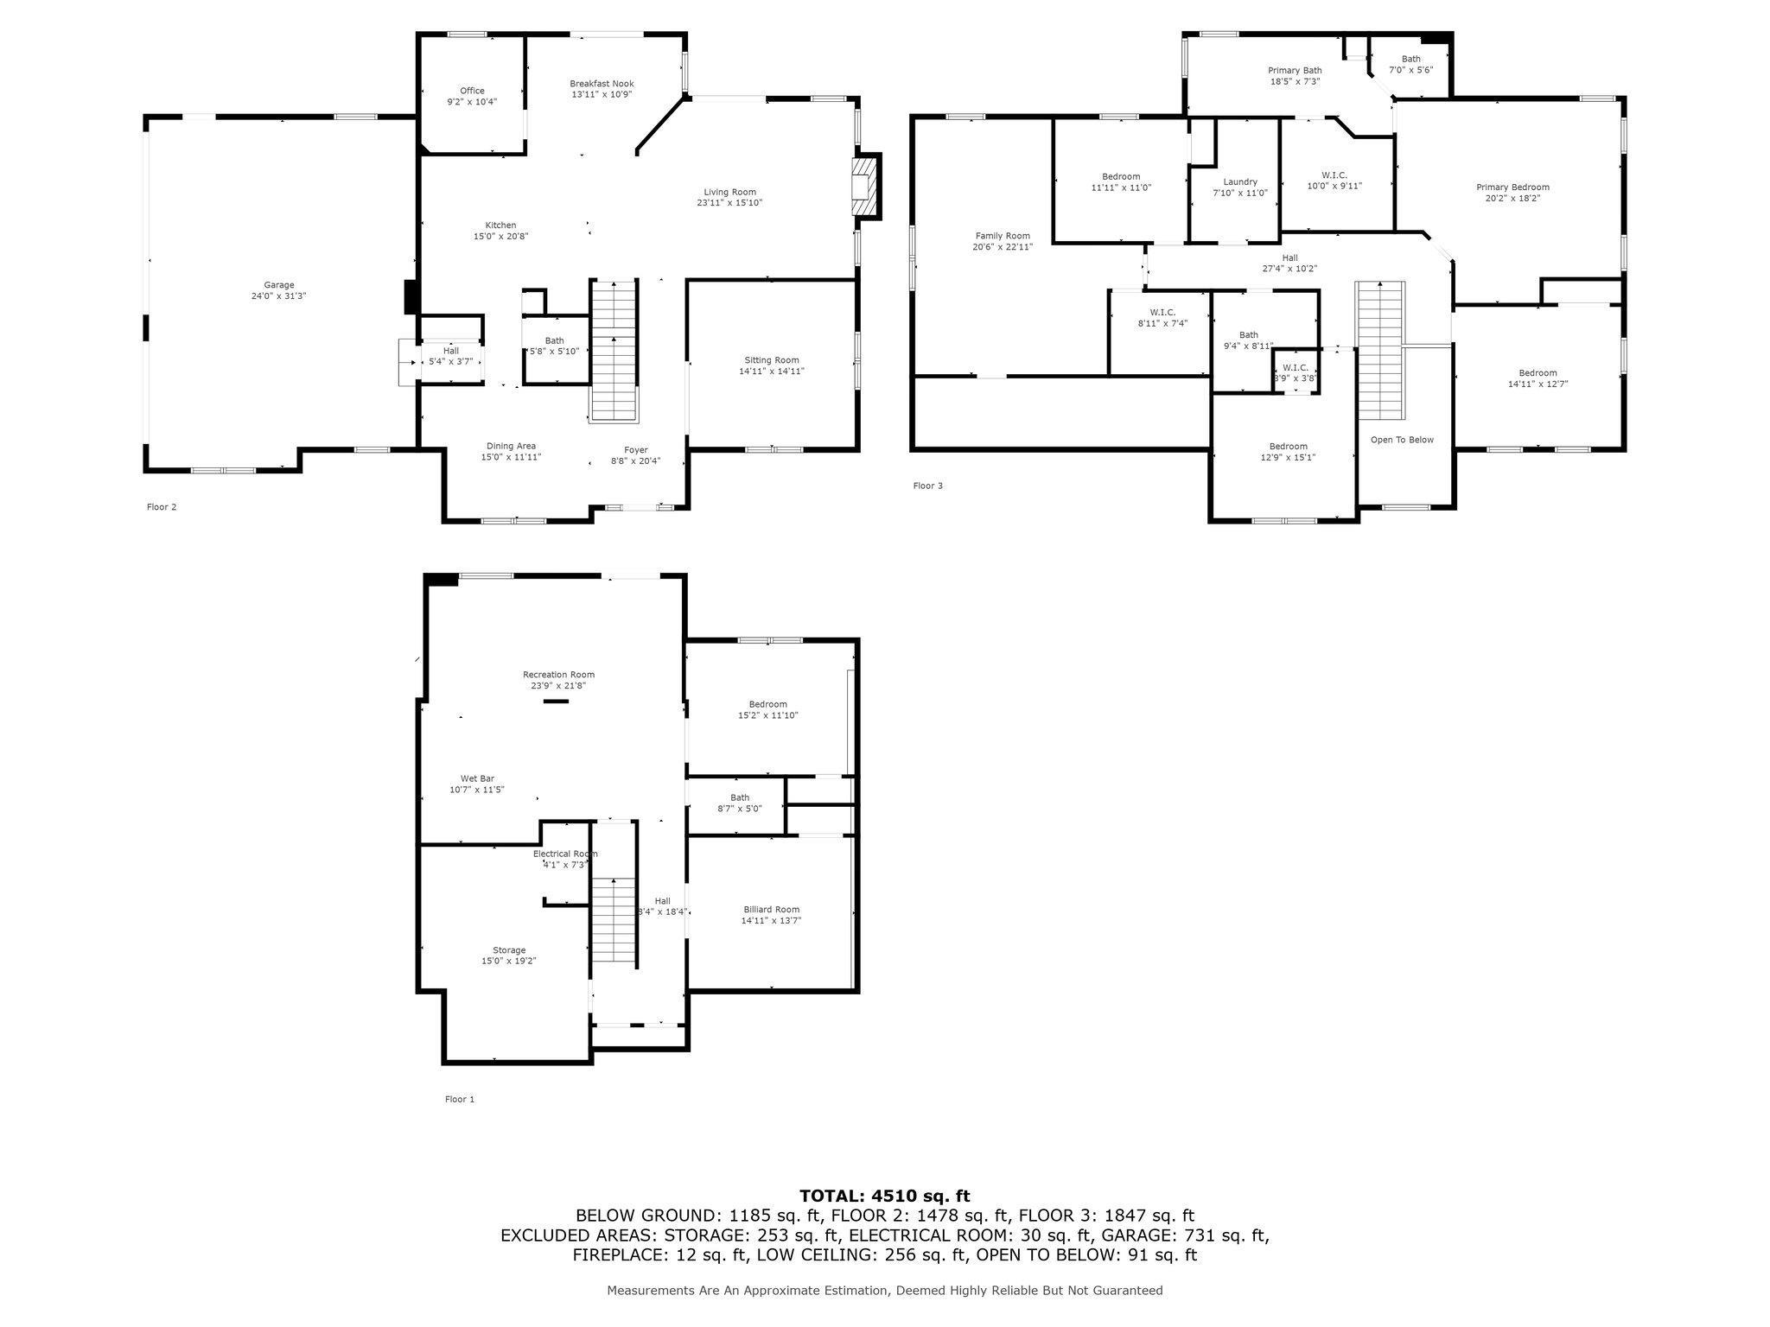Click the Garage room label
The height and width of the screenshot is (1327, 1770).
(279, 285)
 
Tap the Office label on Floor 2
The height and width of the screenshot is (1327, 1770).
(472, 91)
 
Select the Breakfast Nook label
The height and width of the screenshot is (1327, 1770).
(602, 84)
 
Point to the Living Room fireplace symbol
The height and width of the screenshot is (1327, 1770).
(865, 187)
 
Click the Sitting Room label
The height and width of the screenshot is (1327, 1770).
(772, 360)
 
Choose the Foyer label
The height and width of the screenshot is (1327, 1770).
(636, 450)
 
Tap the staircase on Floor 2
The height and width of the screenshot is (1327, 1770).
(614, 351)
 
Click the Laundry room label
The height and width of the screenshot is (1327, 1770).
(1240, 182)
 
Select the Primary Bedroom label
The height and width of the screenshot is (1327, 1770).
(1512, 187)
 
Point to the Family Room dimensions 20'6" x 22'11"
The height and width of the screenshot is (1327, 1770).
(1003, 247)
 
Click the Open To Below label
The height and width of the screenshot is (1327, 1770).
(1402, 440)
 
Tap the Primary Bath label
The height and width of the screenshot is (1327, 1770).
(1295, 71)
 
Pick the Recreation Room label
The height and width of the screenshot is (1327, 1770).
(558, 675)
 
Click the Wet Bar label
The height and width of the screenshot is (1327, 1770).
(477, 778)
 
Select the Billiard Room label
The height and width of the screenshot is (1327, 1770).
(771, 910)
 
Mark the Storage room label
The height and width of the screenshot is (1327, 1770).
(509, 950)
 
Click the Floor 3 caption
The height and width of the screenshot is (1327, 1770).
(927, 486)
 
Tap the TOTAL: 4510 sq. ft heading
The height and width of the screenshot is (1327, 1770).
(884, 1197)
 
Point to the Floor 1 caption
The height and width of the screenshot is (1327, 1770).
(460, 1100)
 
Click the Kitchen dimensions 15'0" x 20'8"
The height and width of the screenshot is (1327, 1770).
(500, 236)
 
